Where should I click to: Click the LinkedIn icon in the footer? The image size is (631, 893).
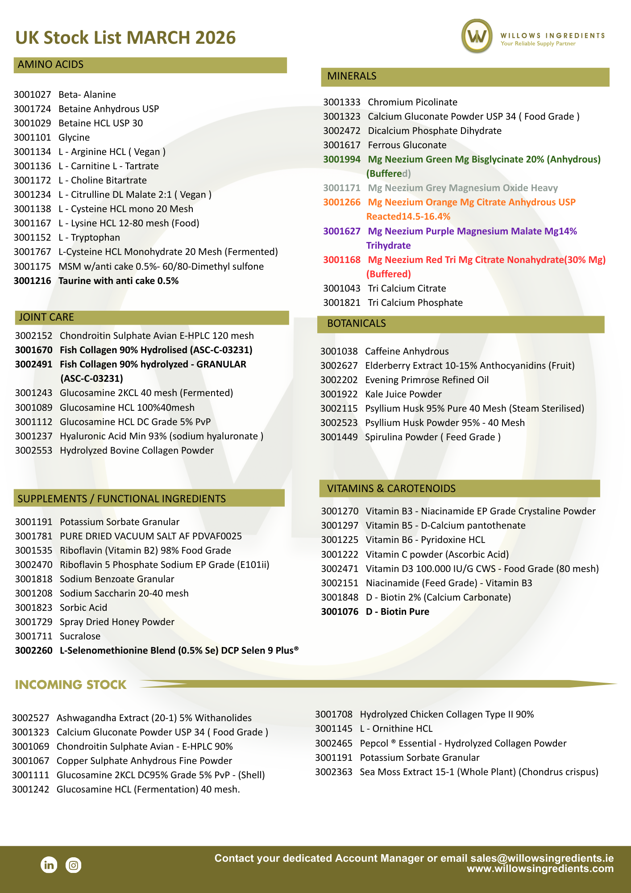click(x=49, y=865)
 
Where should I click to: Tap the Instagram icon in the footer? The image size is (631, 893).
click(x=74, y=865)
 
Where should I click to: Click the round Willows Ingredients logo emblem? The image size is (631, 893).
click(x=477, y=36)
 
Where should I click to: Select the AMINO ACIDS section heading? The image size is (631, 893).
click(x=50, y=65)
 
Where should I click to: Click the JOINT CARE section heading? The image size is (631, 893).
click(x=46, y=317)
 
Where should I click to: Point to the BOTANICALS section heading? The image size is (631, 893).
click(x=356, y=324)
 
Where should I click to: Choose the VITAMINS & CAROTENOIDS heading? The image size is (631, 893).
click(x=391, y=488)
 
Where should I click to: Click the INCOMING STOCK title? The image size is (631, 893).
click(x=71, y=685)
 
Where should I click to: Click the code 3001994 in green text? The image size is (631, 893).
click(x=341, y=159)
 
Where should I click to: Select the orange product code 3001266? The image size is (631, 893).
click(x=341, y=202)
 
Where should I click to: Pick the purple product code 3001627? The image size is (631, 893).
click(x=341, y=231)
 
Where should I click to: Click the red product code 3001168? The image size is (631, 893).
click(x=341, y=260)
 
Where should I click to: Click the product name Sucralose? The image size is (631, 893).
click(x=80, y=636)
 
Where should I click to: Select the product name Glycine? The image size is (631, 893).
click(x=74, y=138)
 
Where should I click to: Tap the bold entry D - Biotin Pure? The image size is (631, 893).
click(x=397, y=612)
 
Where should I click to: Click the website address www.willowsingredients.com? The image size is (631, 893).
click(x=540, y=869)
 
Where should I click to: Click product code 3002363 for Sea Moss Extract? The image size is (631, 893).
click(x=333, y=772)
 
